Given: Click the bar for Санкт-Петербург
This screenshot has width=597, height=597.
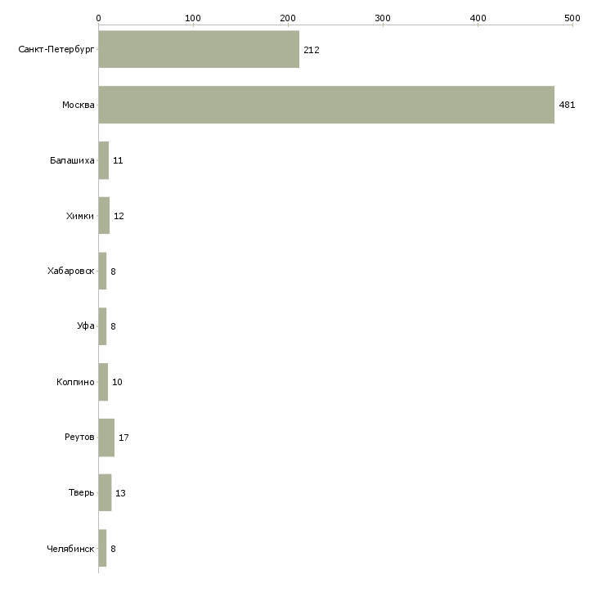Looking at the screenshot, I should click(x=199, y=49).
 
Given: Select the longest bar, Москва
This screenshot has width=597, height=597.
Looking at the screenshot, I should click(x=326, y=105).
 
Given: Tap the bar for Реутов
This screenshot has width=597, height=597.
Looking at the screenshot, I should click(x=106, y=438).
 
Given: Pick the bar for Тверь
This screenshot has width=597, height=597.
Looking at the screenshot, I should click(x=105, y=493).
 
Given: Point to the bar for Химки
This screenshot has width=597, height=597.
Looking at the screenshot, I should click(x=104, y=216).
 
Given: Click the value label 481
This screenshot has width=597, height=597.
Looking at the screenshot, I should click(x=567, y=105).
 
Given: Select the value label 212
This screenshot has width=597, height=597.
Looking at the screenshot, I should click(x=311, y=50).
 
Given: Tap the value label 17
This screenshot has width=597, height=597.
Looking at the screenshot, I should click(x=123, y=438).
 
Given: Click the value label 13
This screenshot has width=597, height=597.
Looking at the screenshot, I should click(x=120, y=493).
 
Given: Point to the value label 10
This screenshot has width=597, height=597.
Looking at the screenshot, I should click(x=117, y=382).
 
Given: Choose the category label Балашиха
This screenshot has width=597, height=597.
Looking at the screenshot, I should click(x=72, y=160).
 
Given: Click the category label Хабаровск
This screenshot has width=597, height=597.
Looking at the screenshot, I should click(x=71, y=271).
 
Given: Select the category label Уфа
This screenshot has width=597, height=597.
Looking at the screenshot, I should click(x=86, y=326).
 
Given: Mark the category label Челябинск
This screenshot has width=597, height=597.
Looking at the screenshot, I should click(x=70, y=549).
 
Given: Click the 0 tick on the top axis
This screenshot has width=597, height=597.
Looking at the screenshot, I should click(x=98, y=17).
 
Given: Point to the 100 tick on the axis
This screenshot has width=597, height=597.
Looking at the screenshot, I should click(x=193, y=17).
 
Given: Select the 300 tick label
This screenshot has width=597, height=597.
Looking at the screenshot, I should click(x=383, y=17).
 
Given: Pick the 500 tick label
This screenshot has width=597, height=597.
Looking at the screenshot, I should click(x=572, y=17).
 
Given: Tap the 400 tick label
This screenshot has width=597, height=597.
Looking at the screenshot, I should click(x=478, y=17).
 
